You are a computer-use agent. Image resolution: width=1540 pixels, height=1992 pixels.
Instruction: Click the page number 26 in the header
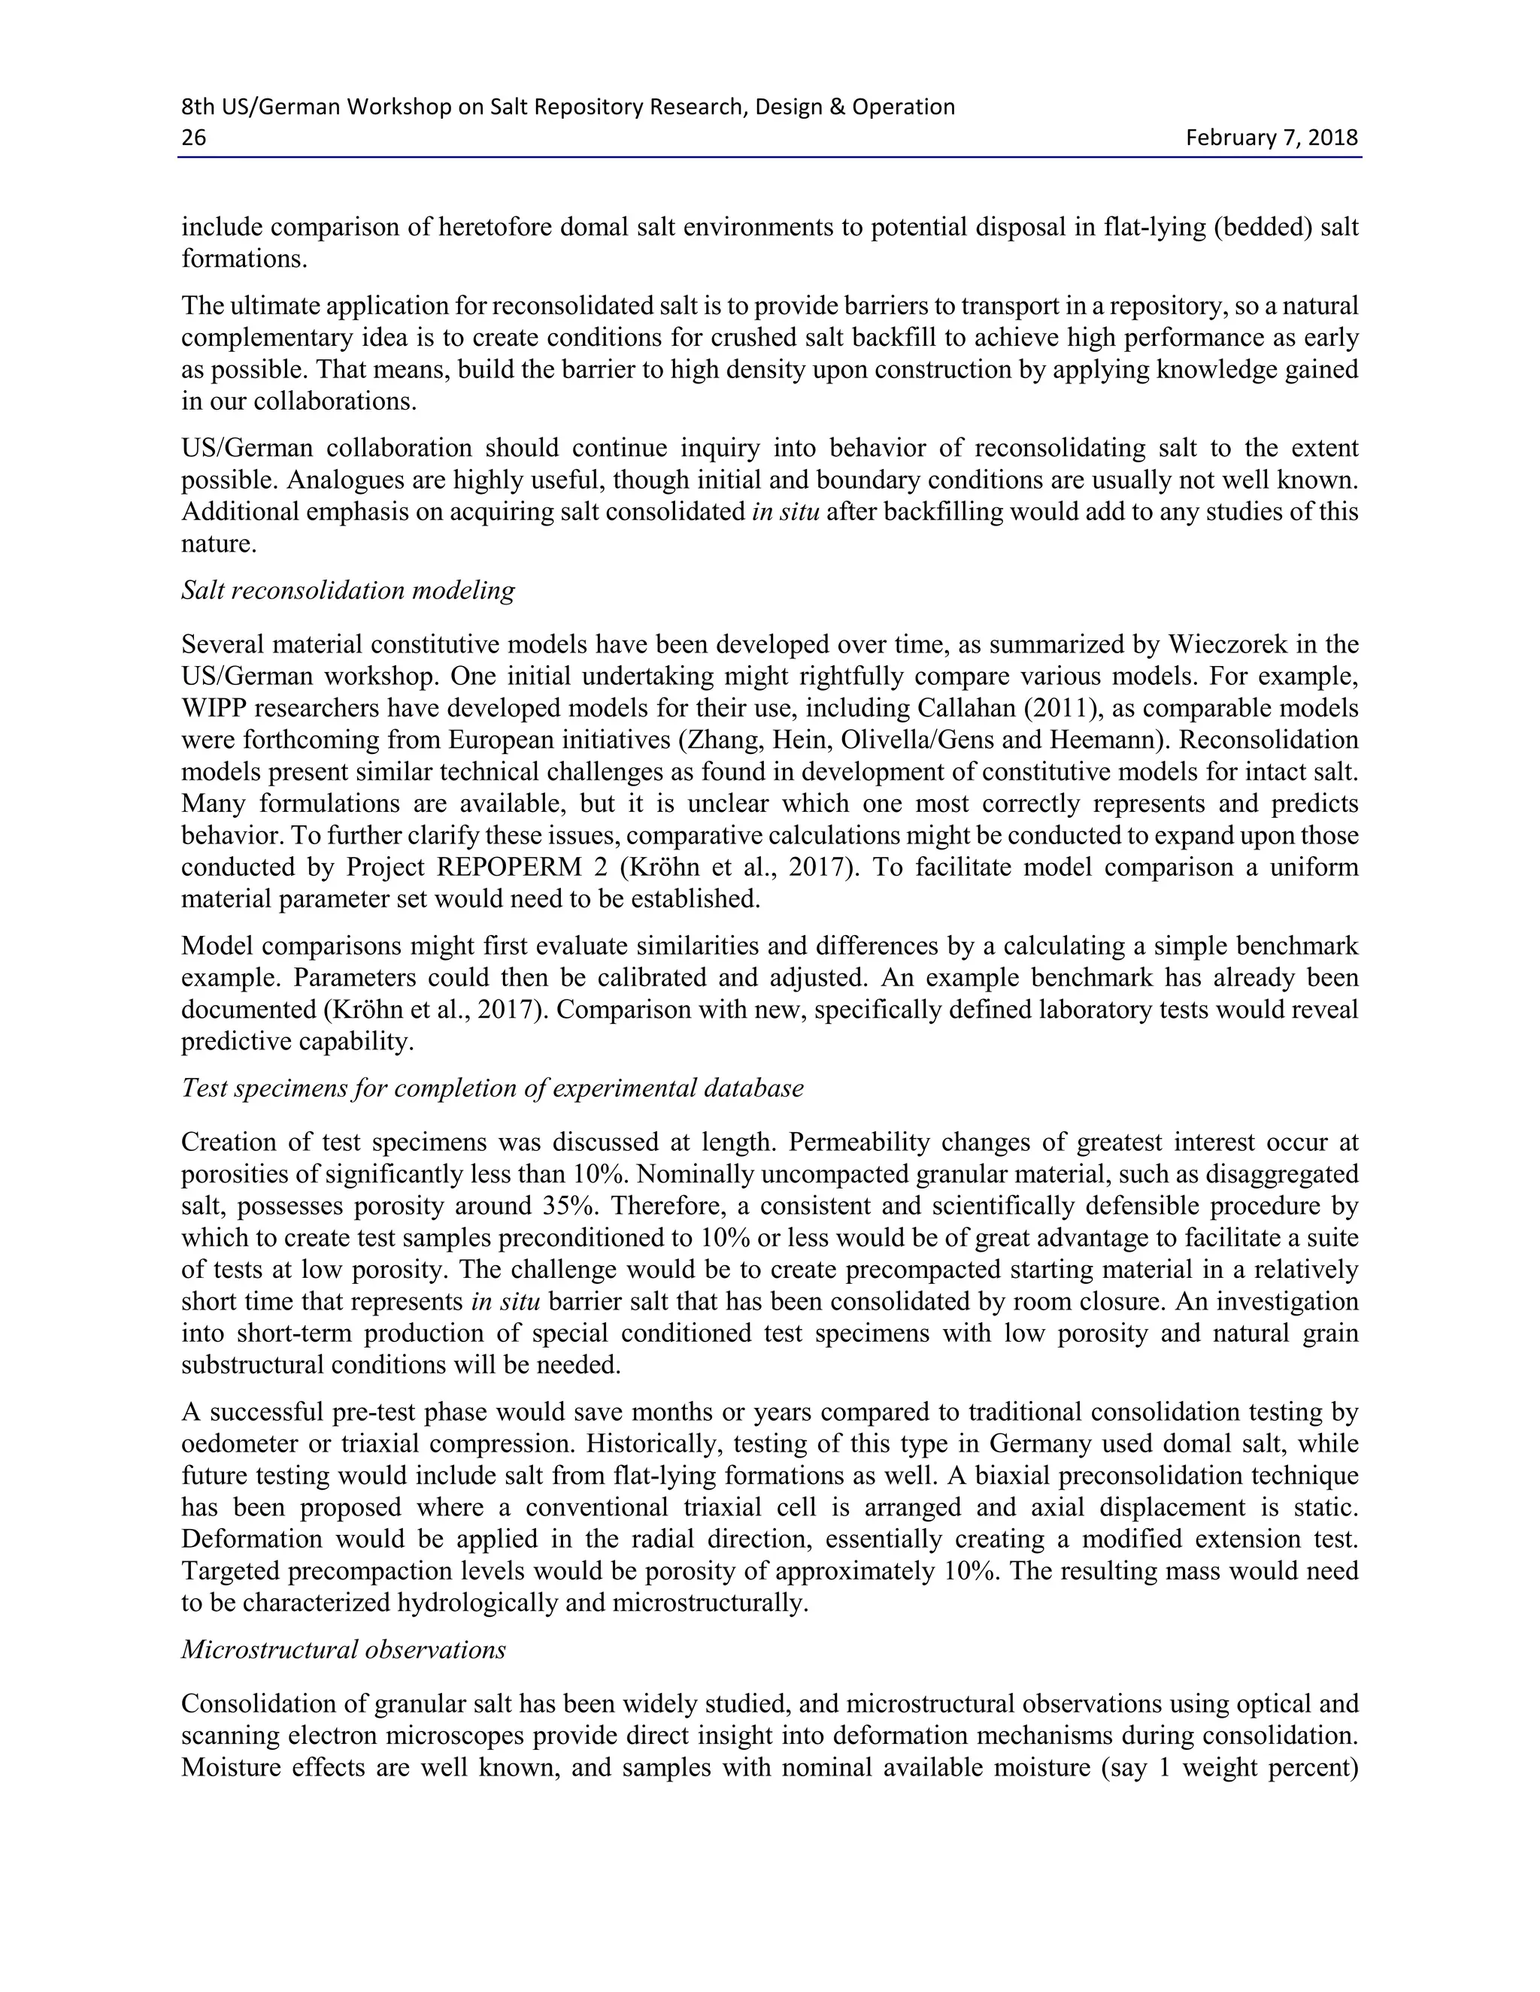193,138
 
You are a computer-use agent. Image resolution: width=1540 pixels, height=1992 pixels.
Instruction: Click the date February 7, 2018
1271,138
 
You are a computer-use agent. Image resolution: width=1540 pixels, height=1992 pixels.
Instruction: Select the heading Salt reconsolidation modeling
347,591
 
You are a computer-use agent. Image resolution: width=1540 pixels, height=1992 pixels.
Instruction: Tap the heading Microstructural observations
343,1650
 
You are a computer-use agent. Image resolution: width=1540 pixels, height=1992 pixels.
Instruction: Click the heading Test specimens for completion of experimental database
492,1088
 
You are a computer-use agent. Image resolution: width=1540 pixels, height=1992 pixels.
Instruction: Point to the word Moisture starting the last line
231,1768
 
